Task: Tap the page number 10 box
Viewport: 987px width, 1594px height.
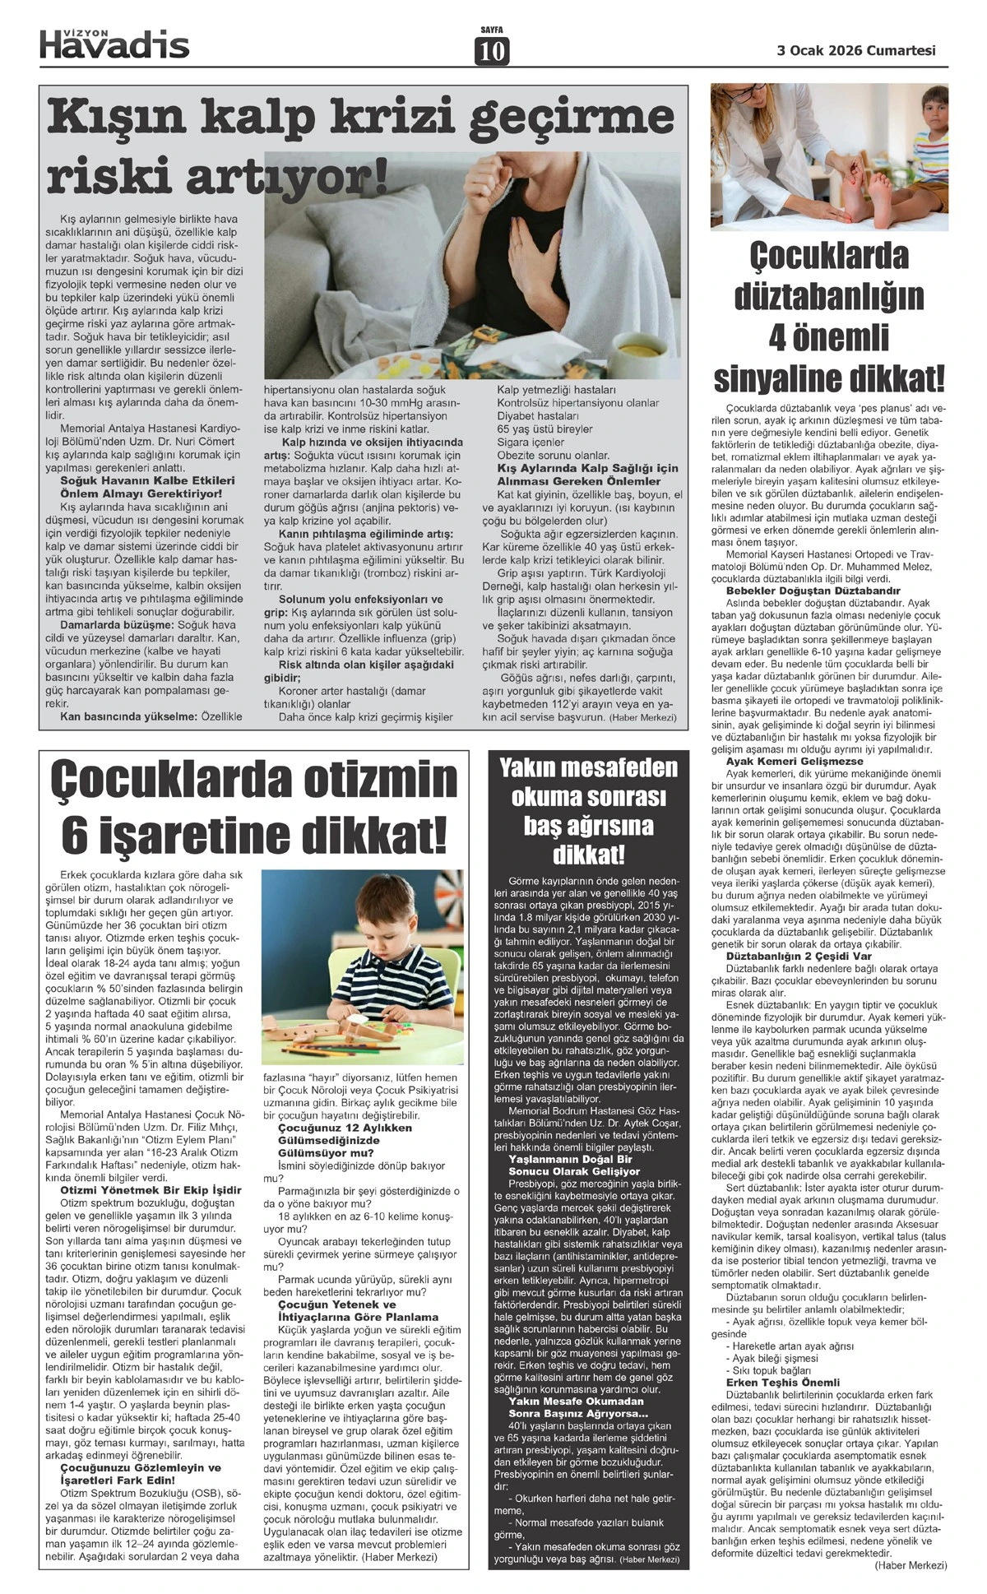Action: coord(492,52)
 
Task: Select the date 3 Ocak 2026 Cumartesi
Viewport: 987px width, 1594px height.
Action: coord(856,50)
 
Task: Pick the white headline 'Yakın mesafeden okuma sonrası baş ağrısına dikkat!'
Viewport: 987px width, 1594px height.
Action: coord(589,811)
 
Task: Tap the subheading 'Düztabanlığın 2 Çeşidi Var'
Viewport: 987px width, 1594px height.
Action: coord(798,957)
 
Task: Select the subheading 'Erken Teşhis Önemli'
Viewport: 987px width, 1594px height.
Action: coord(781,1383)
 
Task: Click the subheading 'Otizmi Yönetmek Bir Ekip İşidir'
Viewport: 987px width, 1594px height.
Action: coord(151,1190)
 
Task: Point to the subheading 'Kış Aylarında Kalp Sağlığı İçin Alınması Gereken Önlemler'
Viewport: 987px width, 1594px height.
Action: coord(587,475)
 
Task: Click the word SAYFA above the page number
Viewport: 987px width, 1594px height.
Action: coord(492,30)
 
